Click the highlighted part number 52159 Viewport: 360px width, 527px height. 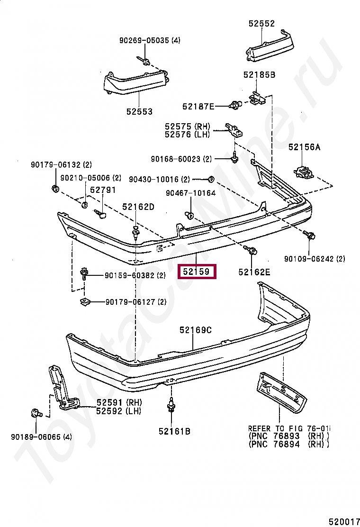pyautogui.click(x=197, y=272)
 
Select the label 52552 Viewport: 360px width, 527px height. pyautogui.click(x=261, y=24)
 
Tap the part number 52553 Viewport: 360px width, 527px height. pyautogui.click(x=139, y=112)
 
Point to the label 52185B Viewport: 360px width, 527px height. pyautogui.click(x=259, y=75)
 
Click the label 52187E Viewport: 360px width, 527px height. pyautogui.click(x=198, y=107)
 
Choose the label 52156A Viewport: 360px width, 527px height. pyautogui.click(x=304, y=147)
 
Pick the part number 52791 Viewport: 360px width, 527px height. pyautogui.click(x=103, y=190)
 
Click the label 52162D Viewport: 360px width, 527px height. pyautogui.click(x=138, y=207)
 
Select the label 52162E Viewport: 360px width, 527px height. pyautogui.click(x=254, y=272)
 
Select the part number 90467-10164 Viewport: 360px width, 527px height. pyautogui.click(x=190, y=193)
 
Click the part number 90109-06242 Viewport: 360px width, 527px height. pyautogui.click(x=309, y=259)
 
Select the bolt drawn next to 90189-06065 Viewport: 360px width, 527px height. pyautogui.click(x=36, y=413)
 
